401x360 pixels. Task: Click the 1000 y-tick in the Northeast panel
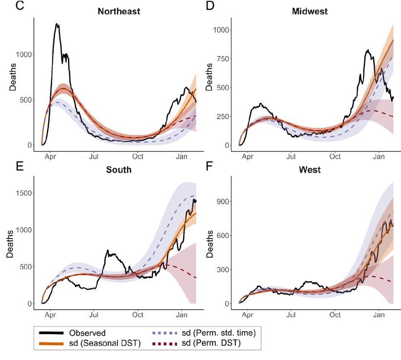pyautogui.click(x=23, y=55)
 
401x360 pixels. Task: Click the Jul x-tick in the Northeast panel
pyautogui.click(x=95, y=157)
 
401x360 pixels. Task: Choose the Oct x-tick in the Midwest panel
pyautogui.click(x=335, y=157)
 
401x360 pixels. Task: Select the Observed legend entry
pyautogui.click(x=87, y=333)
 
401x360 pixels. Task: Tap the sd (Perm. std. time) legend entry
pyautogui.click(x=210, y=333)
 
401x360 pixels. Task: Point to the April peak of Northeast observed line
pyautogui.click(x=57, y=23)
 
